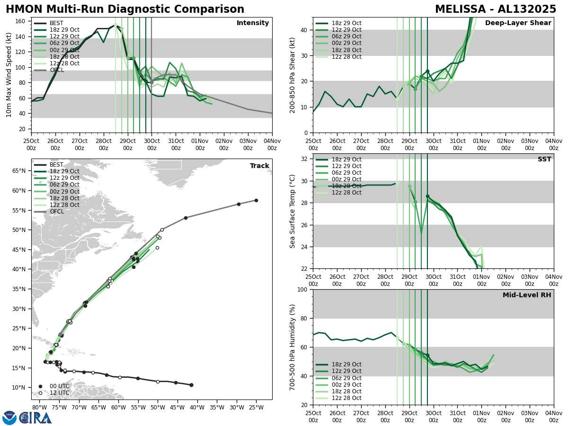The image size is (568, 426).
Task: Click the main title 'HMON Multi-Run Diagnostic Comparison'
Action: click(x=125, y=9)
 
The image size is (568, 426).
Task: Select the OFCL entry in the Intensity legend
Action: click(x=56, y=70)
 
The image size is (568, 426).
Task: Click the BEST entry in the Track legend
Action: click(x=56, y=165)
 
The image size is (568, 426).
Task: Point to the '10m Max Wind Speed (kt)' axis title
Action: click(x=9, y=75)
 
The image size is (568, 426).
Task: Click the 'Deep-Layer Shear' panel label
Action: click(x=518, y=23)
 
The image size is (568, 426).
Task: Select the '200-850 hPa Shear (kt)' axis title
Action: click(x=293, y=75)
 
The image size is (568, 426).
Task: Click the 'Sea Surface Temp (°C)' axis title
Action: click(x=293, y=211)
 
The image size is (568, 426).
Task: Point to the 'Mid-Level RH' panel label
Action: click(x=526, y=295)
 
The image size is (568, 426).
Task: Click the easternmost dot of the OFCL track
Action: click(x=256, y=200)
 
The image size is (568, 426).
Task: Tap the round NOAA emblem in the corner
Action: click(x=9, y=417)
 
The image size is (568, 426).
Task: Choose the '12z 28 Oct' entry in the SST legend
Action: click(x=346, y=193)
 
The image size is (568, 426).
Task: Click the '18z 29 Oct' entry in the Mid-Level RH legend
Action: click(x=346, y=364)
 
